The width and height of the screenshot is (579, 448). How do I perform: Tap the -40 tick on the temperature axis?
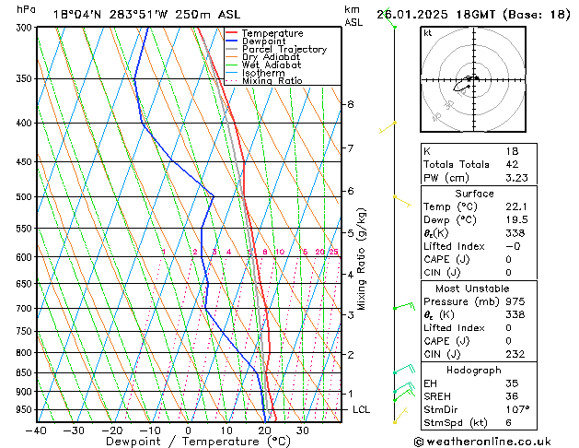click(x=38, y=430)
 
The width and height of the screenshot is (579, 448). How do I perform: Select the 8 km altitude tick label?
click(x=350, y=104)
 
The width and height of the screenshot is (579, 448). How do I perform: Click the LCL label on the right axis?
click(x=361, y=409)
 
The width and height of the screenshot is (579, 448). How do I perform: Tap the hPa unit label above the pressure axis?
click(x=27, y=9)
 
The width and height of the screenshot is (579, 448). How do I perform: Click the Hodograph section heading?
click(x=474, y=370)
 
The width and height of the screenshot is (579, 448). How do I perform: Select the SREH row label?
click(x=437, y=395)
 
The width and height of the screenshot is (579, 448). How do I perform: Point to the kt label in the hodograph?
click(x=427, y=32)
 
